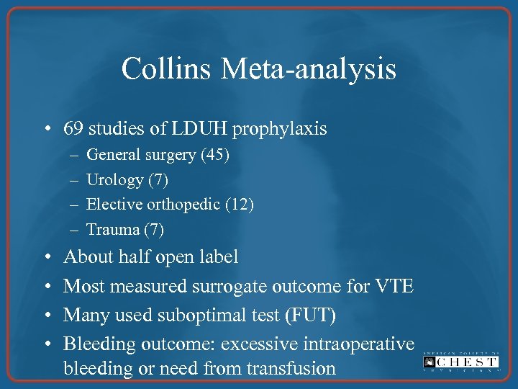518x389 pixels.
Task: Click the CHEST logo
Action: [x=461, y=362]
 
